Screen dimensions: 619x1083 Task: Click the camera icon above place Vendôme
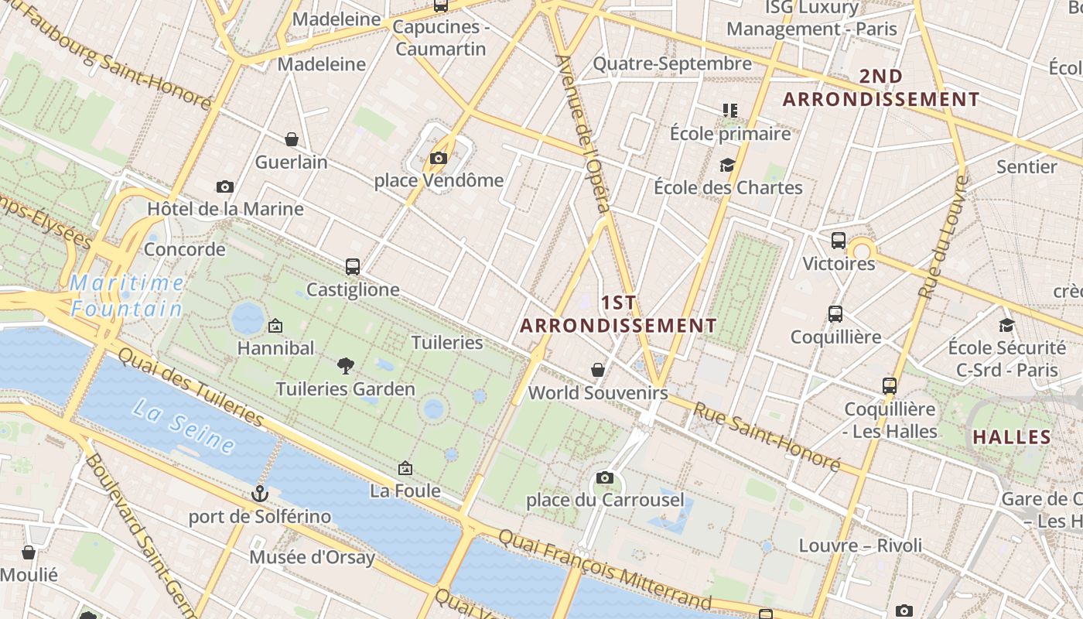pos(439,159)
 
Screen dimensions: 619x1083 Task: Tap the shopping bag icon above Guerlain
pos(292,139)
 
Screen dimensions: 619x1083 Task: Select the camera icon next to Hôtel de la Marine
pos(225,186)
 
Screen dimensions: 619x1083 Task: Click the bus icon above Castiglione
pos(353,267)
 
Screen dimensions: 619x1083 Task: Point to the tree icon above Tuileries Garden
pos(346,365)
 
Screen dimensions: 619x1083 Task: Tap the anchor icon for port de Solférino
pos(260,493)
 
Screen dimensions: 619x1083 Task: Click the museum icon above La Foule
pos(405,468)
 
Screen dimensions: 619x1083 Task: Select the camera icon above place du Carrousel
pos(605,477)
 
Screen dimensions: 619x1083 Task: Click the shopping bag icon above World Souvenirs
pos(597,370)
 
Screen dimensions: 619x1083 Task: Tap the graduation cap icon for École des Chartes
pos(727,165)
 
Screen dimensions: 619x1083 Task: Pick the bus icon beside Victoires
pos(839,241)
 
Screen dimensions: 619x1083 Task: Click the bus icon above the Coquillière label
pos(835,314)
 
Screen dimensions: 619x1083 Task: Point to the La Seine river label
pos(183,426)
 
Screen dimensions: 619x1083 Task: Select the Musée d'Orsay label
pos(312,557)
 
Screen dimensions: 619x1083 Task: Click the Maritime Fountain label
pos(128,296)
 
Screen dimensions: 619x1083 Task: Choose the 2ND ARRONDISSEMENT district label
pos(881,88)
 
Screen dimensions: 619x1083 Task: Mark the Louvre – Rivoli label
pos(860,545)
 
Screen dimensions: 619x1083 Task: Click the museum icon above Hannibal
pos(275,326)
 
